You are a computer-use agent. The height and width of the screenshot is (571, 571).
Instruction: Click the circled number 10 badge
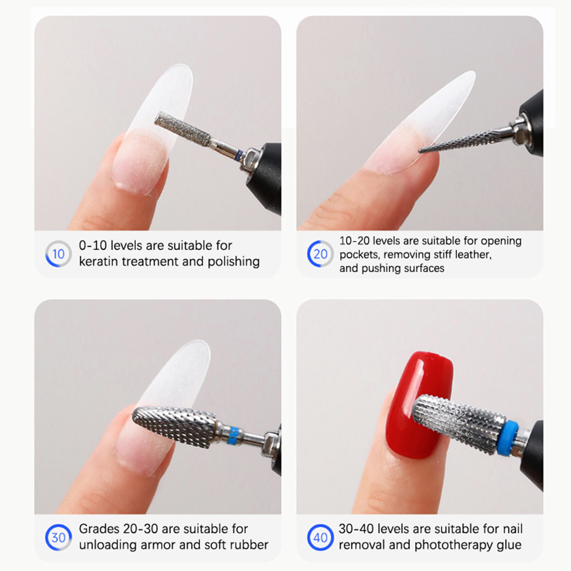[x=59, y=254]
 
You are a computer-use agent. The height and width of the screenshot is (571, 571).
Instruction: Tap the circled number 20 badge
[x=320, y=254]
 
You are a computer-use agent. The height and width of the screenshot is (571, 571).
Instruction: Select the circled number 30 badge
[x=59, y=537]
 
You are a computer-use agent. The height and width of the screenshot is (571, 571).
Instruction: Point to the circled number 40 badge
[x=320, y=537]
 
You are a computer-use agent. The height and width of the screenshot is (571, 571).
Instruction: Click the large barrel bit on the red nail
[x=459, y=423]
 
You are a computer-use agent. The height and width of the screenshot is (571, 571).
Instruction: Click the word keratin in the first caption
[x=99, y=262]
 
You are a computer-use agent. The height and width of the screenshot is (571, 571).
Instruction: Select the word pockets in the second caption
[x=360, y=255]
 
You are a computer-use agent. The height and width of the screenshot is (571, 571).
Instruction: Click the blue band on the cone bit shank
[x=232, y=433]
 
